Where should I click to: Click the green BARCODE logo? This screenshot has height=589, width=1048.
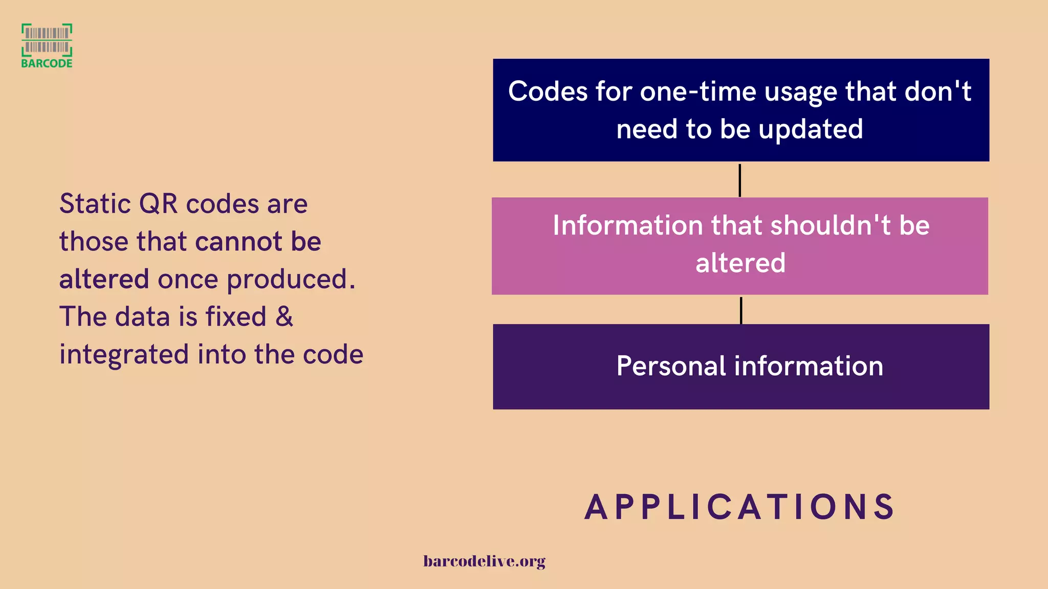point(47,46)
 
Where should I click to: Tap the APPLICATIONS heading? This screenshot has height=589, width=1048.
point(739,507)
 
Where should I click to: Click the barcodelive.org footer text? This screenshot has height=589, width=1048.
point(484,561)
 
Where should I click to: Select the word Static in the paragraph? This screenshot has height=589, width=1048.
point(95,204)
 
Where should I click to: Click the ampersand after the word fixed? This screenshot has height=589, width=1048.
point(284,316)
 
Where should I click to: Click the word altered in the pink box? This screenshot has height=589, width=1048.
point(740,263)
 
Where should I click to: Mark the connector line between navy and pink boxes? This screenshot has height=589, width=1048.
point(739,180)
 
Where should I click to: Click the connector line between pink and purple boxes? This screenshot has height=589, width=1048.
point(740,310)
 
